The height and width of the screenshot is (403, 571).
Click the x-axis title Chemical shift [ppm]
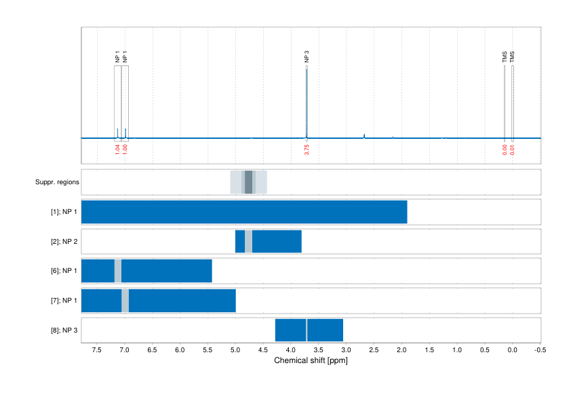(x=311, y=360)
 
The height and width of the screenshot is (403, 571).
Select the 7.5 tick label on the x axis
(x=97, y=350)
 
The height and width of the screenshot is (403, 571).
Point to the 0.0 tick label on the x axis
(x=513, y=350)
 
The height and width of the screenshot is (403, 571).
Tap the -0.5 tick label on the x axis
(x=539, y=350)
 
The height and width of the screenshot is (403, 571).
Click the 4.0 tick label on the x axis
(x=291, y=350)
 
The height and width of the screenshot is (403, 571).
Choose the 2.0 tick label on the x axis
(x=401, y=350)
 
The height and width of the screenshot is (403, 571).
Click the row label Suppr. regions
(x=57, y=182)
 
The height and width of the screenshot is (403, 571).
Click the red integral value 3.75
(x=307, y=150)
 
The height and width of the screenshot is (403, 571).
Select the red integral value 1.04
(x=117, y=150)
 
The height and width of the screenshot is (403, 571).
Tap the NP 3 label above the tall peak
(x=307, y=57)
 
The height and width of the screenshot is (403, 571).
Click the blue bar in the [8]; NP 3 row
(x=326, y=330)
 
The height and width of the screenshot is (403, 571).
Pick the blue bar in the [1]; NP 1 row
(x=244, y=212)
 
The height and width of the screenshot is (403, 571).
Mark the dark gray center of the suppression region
(x=248, y=182)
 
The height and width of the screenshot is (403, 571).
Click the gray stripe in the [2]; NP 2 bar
(x=248, y=242)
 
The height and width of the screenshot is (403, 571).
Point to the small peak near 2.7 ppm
(x=364, y=135)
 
